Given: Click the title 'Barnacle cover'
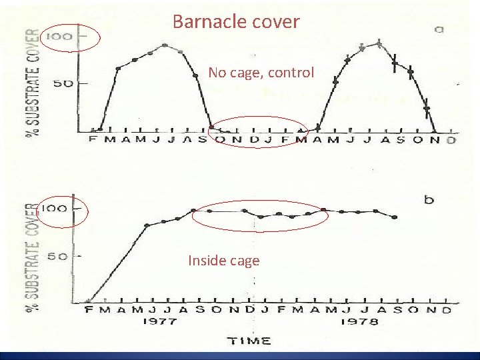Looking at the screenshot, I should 236,21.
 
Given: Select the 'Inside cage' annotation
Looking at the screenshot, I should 223,260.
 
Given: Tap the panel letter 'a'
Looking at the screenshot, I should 439,29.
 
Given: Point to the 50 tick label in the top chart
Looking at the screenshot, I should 64,83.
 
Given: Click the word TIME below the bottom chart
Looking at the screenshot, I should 251,341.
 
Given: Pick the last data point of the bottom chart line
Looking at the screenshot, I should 395,217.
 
